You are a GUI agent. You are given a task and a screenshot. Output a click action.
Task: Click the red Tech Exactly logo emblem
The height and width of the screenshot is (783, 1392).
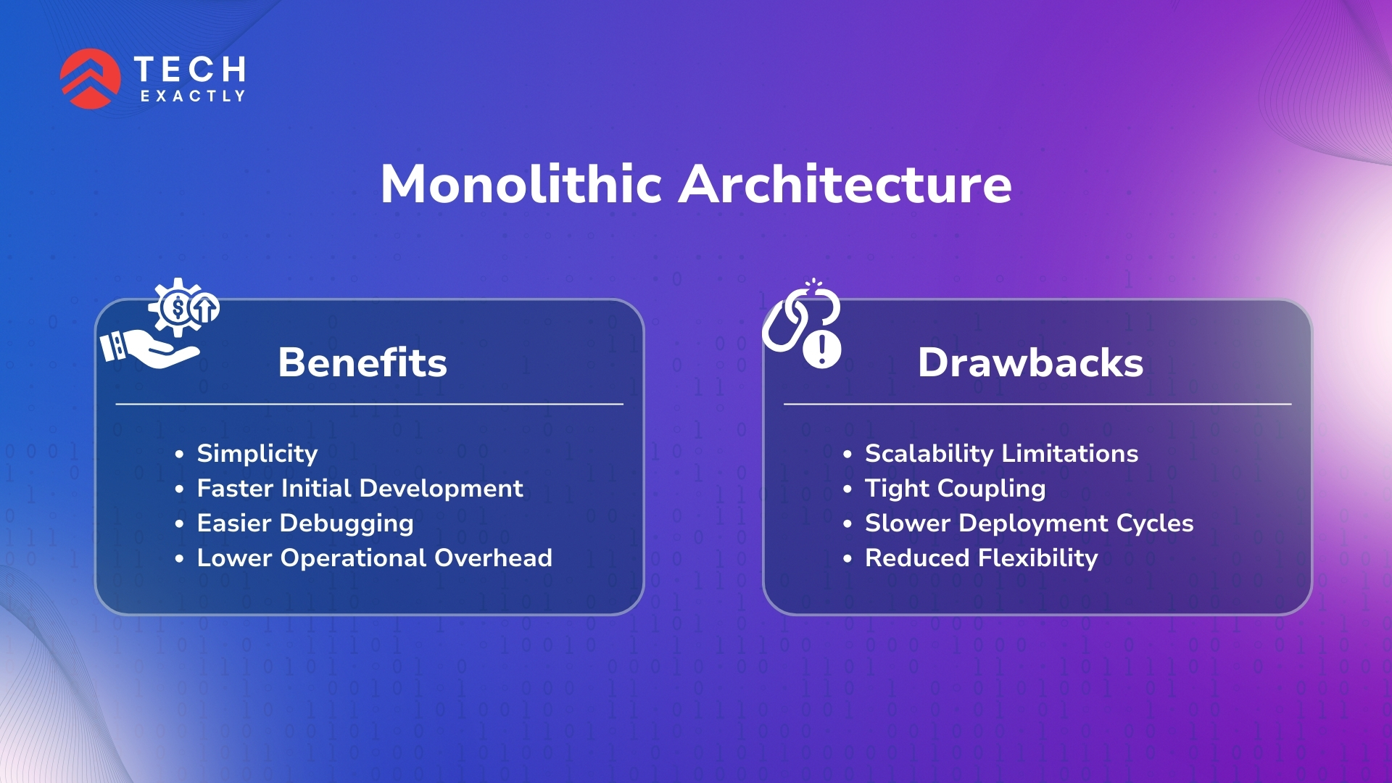91,78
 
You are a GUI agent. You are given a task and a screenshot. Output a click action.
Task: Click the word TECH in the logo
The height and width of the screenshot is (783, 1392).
190,70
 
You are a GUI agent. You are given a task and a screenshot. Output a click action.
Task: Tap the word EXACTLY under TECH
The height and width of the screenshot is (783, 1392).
193,96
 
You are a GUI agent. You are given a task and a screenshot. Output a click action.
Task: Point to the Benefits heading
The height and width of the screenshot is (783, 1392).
362,362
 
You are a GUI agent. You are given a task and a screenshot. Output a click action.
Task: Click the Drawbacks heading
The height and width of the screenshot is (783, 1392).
1030,362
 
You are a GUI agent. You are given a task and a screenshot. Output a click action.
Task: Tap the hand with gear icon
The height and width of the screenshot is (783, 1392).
160,323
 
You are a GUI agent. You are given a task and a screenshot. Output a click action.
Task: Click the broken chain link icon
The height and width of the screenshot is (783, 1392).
796,318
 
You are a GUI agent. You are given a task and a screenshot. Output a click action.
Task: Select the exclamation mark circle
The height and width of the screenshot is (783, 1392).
822,349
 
